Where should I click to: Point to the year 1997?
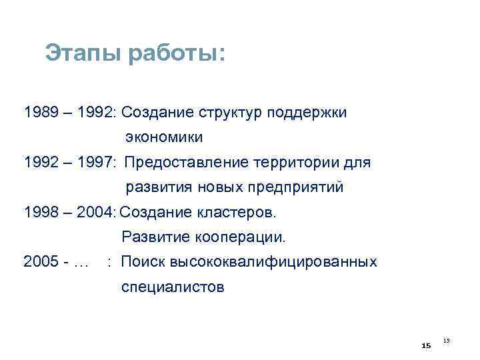click(95, 162)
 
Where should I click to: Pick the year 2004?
click(95, 213)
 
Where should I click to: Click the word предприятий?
click(300, 187)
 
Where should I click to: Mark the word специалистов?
click(173, 287)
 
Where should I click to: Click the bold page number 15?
click(427, 345)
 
